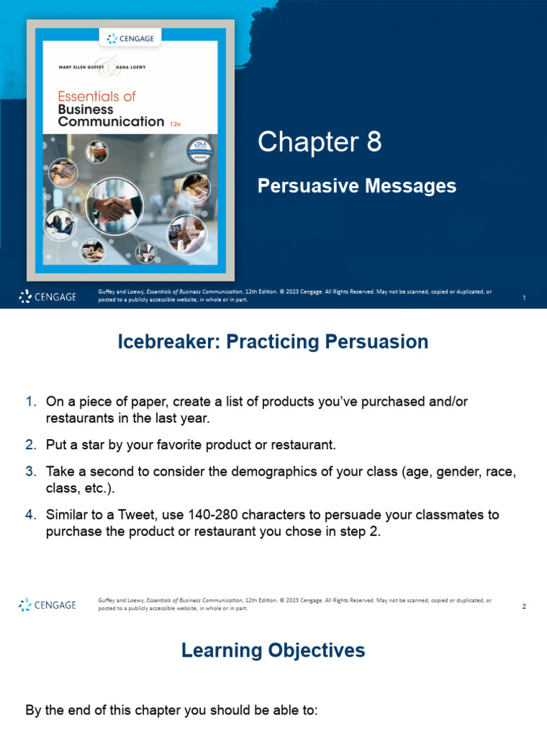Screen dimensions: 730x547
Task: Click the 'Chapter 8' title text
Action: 319,143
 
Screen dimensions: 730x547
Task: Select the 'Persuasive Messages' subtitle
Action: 356,186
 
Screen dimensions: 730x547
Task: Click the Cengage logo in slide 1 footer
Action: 47,297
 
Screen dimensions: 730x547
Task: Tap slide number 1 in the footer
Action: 523,297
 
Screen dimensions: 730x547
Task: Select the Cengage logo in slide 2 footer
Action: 47,605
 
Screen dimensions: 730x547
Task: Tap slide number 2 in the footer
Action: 523,606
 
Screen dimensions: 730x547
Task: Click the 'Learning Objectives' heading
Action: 273,650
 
